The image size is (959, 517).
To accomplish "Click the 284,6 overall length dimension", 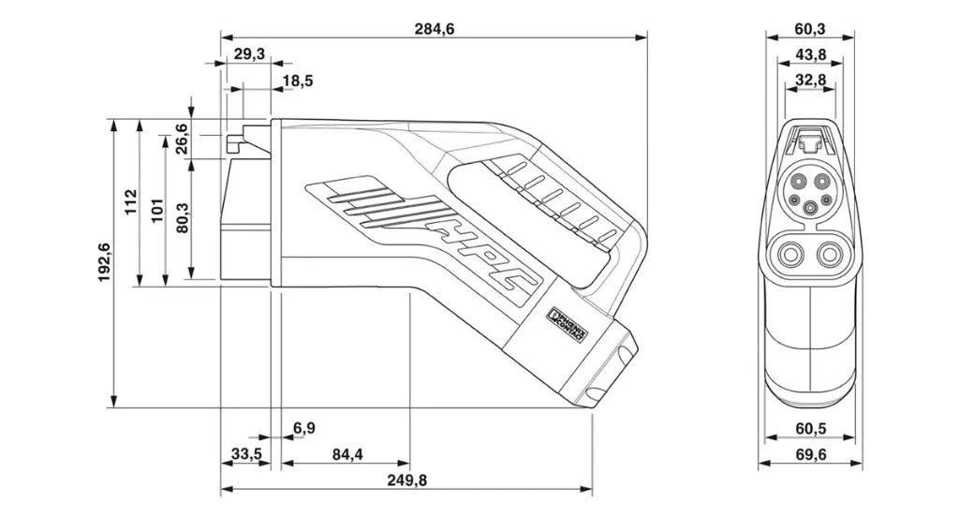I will click(434, 29).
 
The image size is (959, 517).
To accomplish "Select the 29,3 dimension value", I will click(248, 55).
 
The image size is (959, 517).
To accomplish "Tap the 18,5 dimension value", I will click(297, 81).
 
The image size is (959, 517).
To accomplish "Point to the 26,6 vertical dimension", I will click(181, 139).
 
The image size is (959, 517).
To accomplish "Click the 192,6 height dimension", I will click(104, 261).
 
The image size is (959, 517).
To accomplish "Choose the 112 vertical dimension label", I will click(131, 201).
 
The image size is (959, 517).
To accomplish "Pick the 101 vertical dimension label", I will click(156, 208).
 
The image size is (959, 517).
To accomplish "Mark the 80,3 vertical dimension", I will click(181, 218).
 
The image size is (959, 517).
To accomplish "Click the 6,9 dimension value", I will click(303, 429).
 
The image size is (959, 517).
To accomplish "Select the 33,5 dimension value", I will click(245, 455).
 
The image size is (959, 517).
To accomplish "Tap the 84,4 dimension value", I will click(346, 455).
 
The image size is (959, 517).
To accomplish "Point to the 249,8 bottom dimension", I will click(406, 480).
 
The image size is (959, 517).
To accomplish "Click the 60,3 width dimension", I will click(810, 29).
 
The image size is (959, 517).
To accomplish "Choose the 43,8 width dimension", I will click(810, 55).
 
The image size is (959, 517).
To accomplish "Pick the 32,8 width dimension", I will click(810, 81).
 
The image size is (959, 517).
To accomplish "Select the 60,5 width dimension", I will click(810, 429).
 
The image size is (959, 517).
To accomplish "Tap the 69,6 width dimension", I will click(810, 455).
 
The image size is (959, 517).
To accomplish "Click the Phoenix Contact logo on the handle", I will click(566, 326).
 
